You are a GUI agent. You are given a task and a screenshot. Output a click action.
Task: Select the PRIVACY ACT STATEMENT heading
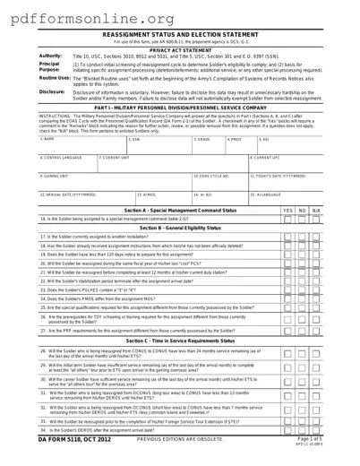(x=179, y=51)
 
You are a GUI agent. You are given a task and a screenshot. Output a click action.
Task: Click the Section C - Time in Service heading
(x=180, y=341)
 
